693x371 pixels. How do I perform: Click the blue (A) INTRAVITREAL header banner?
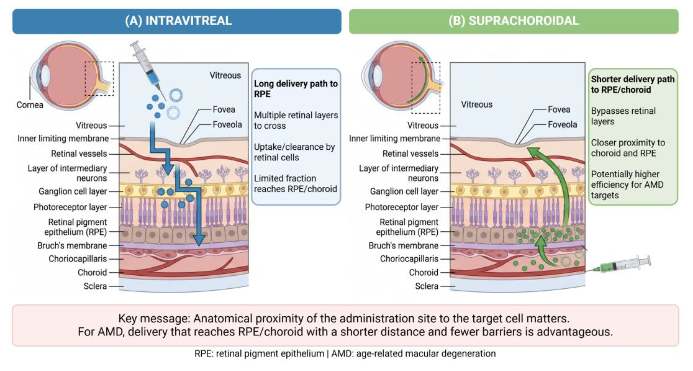tap(177, 21)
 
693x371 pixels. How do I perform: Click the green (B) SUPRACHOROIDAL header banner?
tap(513, 21)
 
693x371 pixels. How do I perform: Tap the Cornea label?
tap(30, 105)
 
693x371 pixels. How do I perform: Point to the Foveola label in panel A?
tap(227, 124)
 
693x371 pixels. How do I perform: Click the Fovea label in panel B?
tap(559, 109)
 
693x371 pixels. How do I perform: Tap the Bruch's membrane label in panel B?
tap(403, 246)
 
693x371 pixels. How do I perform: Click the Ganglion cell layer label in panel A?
tap(73, 191)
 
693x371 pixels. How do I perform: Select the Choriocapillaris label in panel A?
tap(78, 259)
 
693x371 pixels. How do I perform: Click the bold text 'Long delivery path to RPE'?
tap(296, 89)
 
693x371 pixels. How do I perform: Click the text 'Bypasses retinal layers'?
tap(623, 116)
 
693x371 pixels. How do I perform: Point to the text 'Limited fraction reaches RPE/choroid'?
tap(295, 184)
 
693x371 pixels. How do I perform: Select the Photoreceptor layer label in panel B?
tap(402, 207)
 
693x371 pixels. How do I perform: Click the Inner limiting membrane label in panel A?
tap(63, 138)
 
